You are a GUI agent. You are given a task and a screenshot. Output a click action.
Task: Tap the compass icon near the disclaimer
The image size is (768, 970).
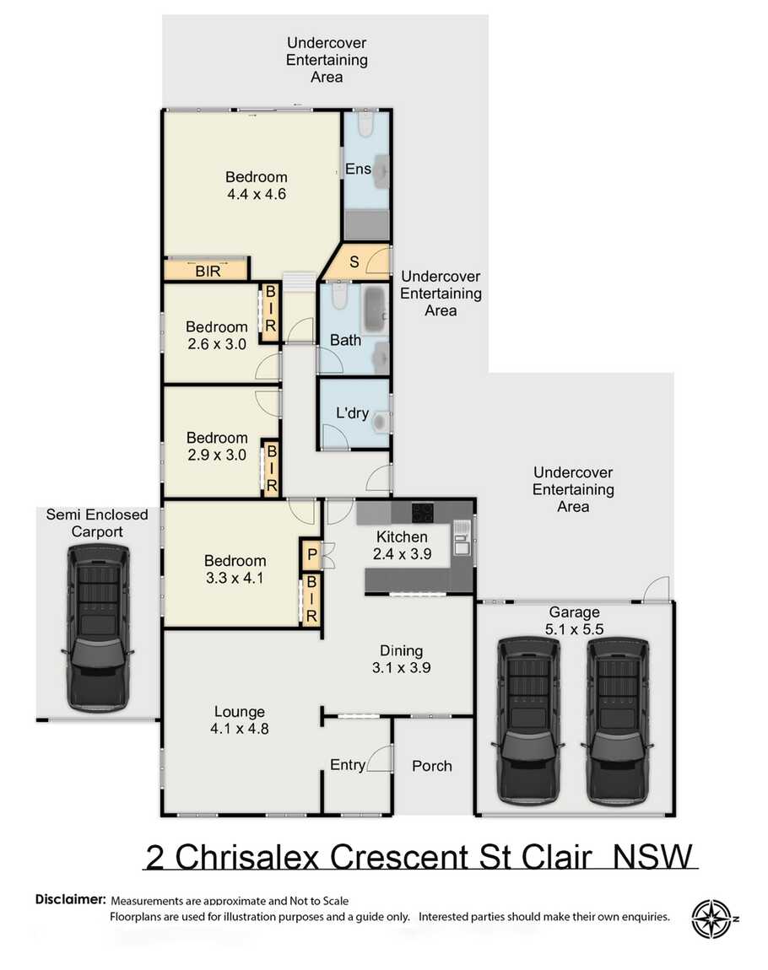pyautogui.click(x=711, y=919)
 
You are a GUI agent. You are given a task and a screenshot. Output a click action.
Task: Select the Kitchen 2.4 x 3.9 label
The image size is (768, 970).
pyautogui.click(x=402, y=546)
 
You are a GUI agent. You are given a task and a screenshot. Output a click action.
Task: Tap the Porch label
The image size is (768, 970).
pyautogui.click(x=431, y=766)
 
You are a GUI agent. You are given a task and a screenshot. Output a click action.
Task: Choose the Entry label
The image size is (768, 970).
pyautogui.click(x=347, y=765)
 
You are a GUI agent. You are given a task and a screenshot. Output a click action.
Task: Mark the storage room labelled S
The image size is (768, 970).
pyautogui.click(x=354, y=261)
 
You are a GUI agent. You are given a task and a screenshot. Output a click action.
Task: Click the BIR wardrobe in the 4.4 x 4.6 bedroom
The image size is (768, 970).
pyautogui.click(x=207, y=271)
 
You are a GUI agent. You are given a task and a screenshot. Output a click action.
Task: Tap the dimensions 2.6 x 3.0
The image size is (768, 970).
pyautogui.click(x=217, y=344)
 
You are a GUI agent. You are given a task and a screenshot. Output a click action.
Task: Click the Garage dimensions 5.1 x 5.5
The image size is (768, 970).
pyautogui.click(x=574, y=628)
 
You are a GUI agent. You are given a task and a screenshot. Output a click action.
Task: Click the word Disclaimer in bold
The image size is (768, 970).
pyautogui.click(x=71, y=899)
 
